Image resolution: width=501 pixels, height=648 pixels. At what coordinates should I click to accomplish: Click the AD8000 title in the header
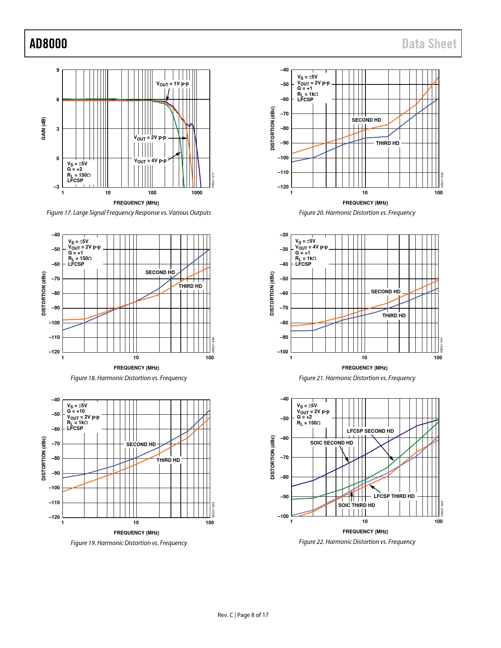point(48,44)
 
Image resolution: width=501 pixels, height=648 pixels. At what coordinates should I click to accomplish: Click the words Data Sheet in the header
point(429,44)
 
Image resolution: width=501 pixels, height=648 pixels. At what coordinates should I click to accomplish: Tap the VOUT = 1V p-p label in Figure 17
point(173,84)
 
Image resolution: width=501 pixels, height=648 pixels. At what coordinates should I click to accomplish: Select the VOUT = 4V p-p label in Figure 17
point(150,161)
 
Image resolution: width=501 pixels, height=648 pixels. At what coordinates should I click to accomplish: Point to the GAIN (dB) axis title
point(44,128)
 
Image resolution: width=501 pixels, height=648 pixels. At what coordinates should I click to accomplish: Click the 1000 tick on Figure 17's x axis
point(197,193)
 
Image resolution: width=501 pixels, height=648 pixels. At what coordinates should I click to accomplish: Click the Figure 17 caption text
point(128,212)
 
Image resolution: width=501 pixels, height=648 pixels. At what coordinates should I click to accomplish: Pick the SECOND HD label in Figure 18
point(160,272)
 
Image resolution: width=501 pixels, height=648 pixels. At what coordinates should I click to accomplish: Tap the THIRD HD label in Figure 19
point(168,460)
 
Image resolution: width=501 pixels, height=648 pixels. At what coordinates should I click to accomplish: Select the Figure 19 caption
point(128,543)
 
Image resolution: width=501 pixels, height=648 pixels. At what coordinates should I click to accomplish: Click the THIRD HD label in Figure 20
point(387,143)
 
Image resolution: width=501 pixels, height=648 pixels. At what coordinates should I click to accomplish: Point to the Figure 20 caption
point(357,212)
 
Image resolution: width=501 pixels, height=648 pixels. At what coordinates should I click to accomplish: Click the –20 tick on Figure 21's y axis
point(284,235)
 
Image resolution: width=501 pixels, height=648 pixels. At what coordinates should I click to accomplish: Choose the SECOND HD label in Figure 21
point(385,291)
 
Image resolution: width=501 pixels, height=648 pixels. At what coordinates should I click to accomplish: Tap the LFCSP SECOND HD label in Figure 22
point(370,431)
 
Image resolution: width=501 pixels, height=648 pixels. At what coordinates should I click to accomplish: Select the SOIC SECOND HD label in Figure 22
point(332,443)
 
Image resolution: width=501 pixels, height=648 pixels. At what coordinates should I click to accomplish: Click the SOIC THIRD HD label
point(356,505)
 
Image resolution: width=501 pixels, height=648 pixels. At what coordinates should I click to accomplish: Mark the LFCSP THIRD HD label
point(394,496)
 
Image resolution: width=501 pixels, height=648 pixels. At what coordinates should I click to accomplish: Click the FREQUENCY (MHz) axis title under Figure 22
point(365,531)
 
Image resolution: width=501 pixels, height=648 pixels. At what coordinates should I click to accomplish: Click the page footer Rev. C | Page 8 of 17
point(243,615)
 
